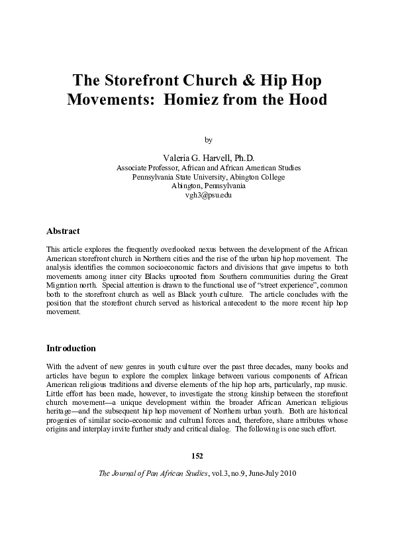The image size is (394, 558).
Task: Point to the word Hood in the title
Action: (307, 101)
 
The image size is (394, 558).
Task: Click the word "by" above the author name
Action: (209, 140)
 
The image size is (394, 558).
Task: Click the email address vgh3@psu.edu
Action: (209, 196)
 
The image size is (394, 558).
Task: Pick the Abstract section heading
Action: (63, 231)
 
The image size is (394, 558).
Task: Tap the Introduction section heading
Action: (71, 348)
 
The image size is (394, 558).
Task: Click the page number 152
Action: (197, 456)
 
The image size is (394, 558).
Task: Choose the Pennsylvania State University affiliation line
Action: (209, 177)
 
